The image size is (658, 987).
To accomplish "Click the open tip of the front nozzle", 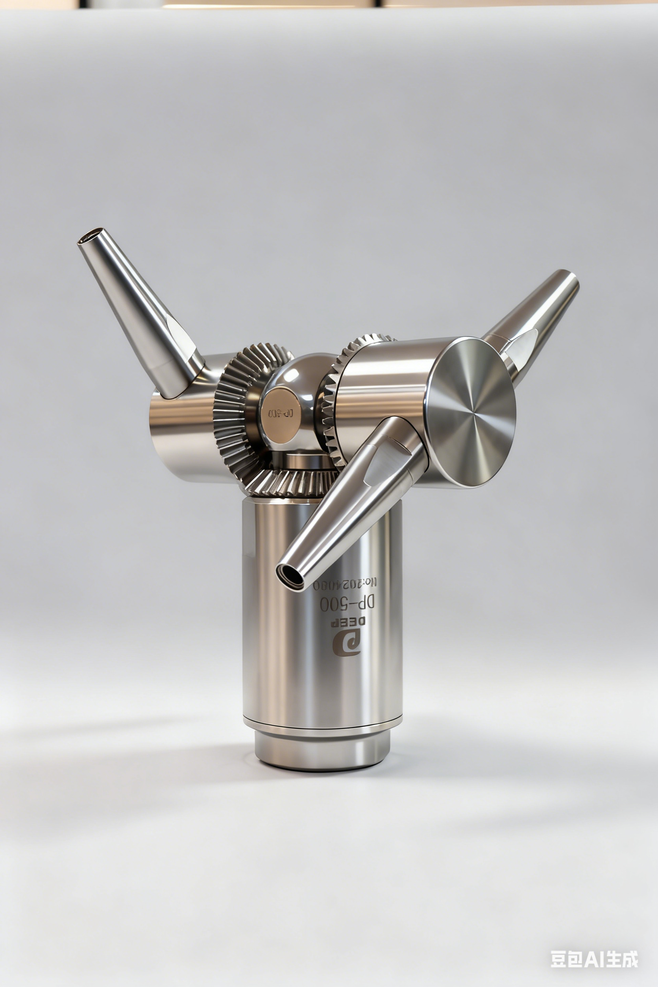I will (290, 575).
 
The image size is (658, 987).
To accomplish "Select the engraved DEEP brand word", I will (348, 622).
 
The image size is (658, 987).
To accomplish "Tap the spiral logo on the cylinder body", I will (347, 644).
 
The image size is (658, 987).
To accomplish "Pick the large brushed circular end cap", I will (472, 413).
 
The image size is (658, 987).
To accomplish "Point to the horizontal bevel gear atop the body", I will (290, 482).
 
